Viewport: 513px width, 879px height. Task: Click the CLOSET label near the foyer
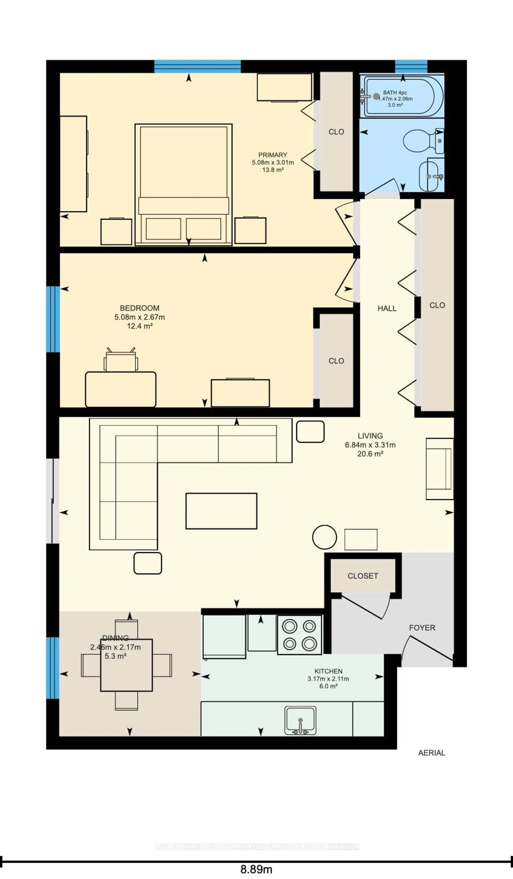363,576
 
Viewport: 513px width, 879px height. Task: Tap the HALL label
387,308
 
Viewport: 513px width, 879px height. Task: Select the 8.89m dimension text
256,869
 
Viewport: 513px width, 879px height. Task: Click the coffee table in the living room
221,511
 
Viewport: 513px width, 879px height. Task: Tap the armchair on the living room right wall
439,469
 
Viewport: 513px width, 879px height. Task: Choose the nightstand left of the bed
116,232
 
